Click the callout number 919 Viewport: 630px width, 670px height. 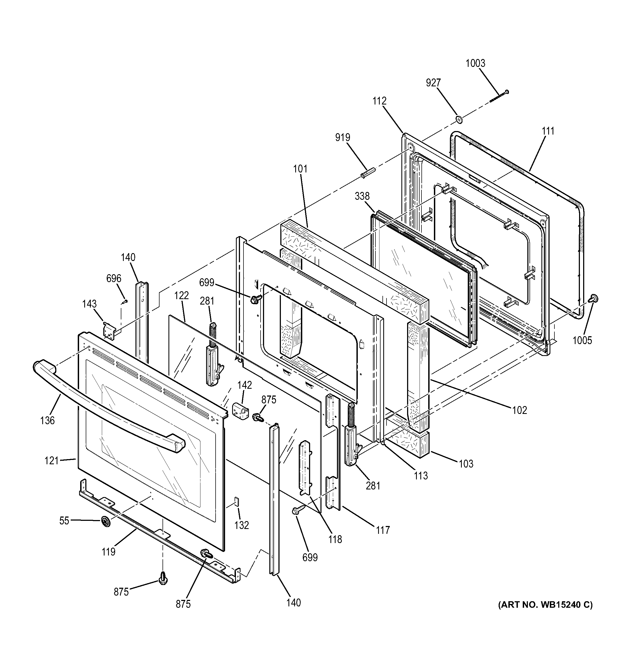click(342, 138)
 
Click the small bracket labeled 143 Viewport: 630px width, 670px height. click(110, 331)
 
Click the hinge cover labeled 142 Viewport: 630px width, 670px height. click(241, 410)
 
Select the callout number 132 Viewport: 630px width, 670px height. click(242, 525)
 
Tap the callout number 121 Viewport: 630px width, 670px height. click(52, 460)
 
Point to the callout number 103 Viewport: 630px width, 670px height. click(466, 464)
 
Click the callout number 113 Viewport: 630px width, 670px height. click(421, 476)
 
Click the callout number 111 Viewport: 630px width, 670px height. click(548, 131)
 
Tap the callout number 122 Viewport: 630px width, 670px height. click(181, 295)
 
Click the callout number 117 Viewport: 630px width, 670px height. click(383, 530)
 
